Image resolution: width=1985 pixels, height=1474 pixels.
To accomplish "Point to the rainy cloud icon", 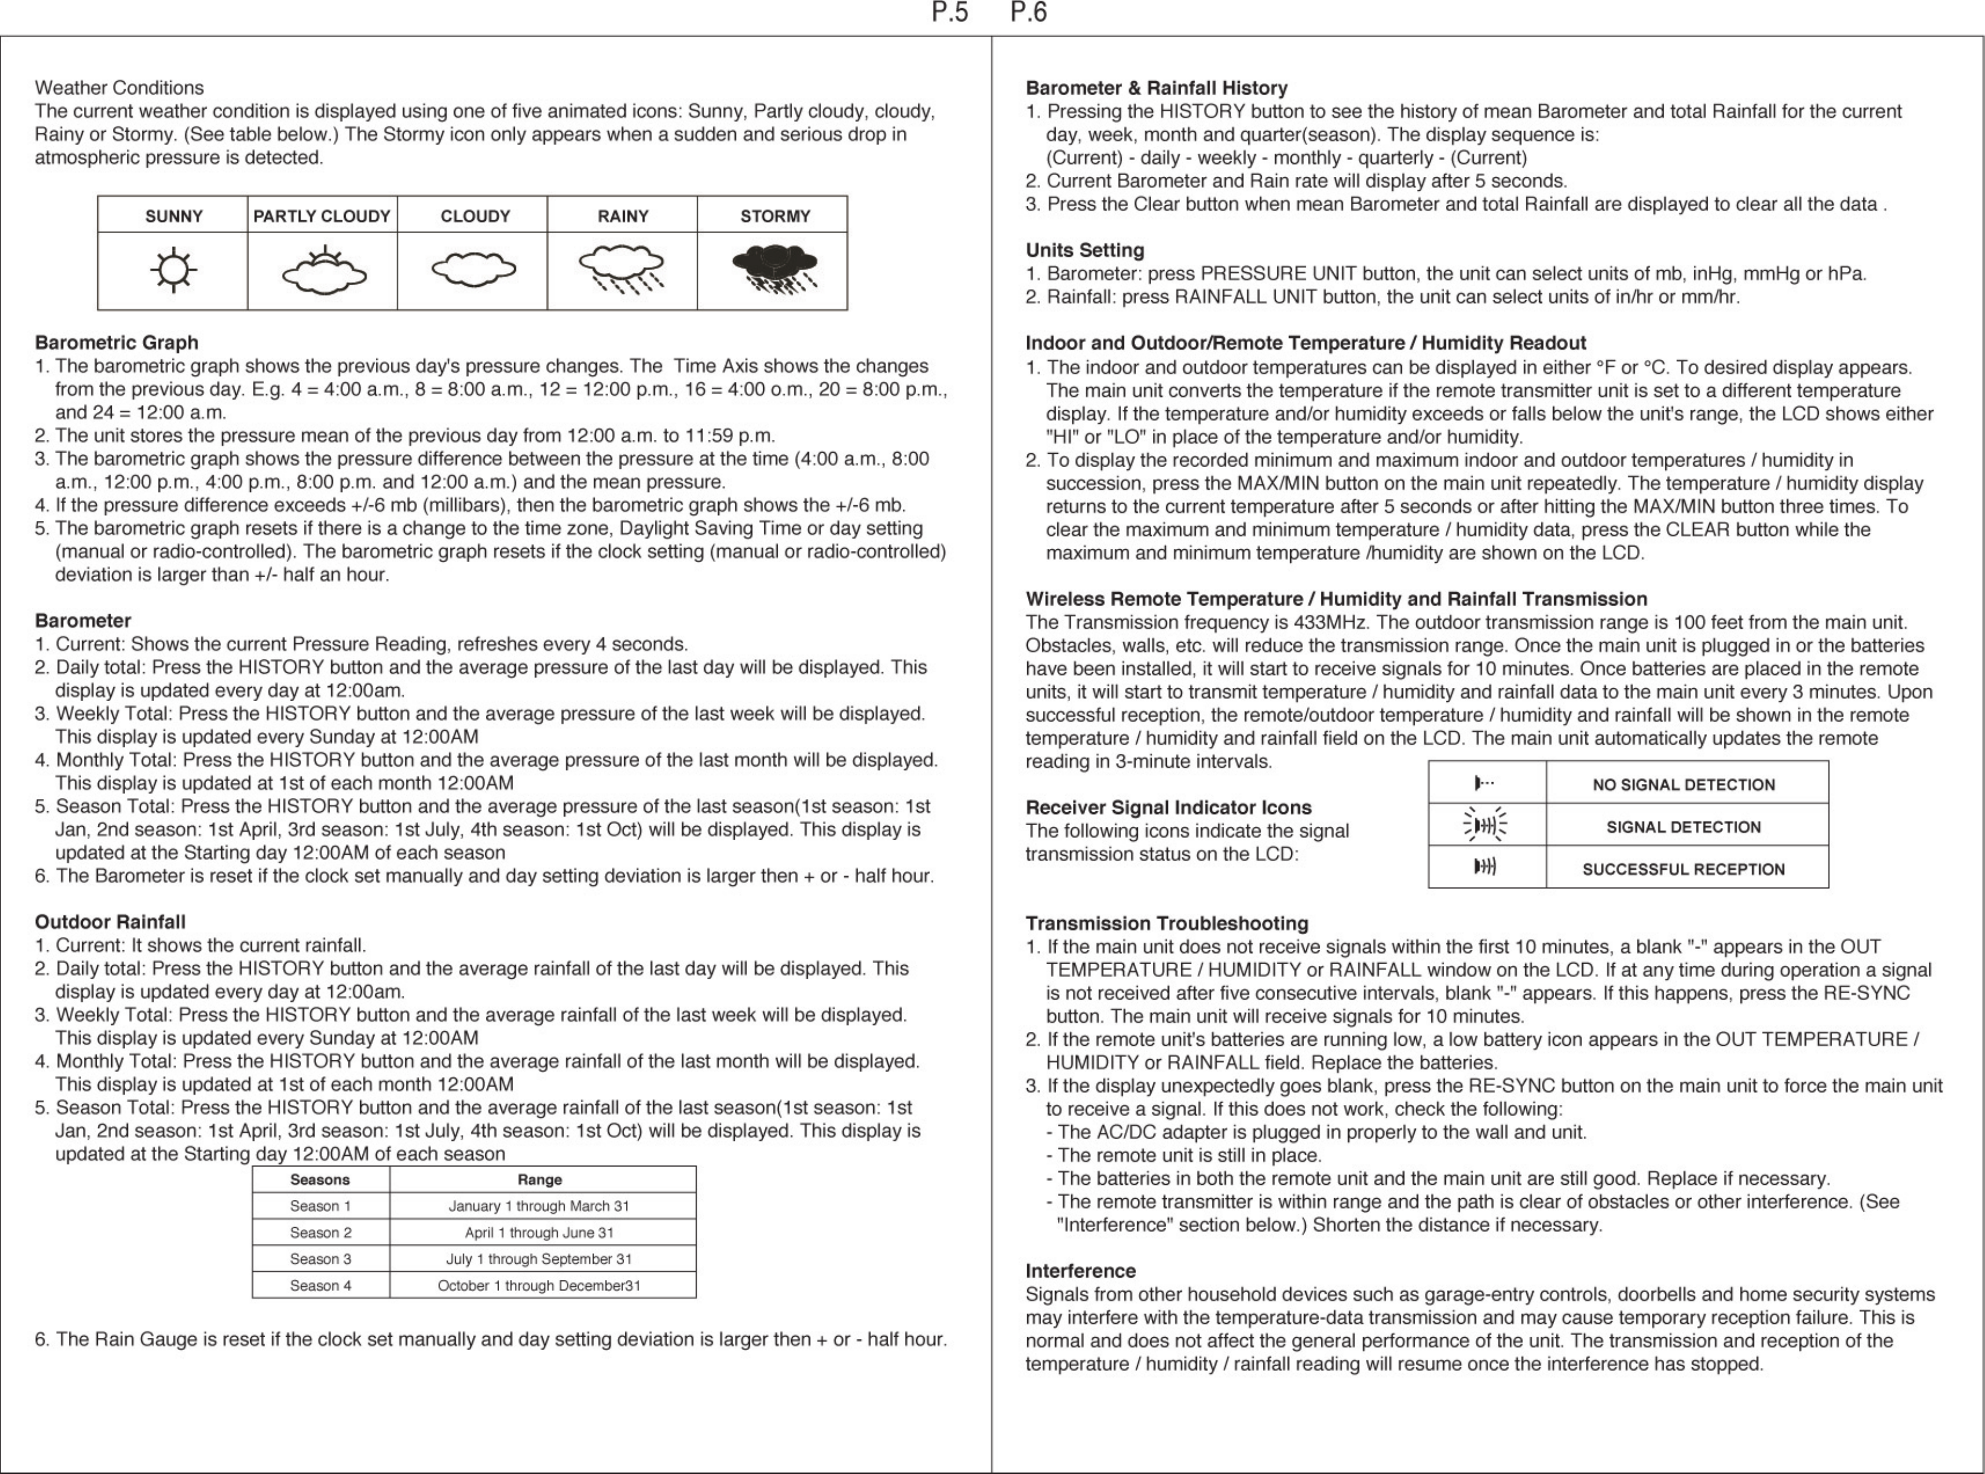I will click(622, 270).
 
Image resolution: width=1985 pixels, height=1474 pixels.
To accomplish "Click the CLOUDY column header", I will click(475, 216).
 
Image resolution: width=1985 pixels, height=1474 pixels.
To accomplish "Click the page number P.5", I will click(949, 12).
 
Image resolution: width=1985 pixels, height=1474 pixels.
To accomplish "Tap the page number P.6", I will click(1029, 12).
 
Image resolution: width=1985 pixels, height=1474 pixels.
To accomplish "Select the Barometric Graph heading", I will click(116, 343).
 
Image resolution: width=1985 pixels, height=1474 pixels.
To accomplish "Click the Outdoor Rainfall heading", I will click(110, 922).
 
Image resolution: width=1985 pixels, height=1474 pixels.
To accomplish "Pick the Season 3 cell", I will click(320, 1259).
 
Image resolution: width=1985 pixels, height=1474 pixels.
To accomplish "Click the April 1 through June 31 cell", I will click(539, 1232).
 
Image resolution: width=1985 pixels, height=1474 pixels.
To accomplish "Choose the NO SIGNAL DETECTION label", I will click(1684, 785).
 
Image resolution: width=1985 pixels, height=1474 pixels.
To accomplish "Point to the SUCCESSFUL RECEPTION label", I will click(1684, 869).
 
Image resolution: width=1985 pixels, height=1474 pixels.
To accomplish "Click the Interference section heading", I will click(1081, 1270).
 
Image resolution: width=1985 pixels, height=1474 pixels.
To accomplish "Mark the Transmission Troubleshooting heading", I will click(1166, 924).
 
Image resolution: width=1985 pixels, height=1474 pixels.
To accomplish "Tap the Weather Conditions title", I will click(118, 87).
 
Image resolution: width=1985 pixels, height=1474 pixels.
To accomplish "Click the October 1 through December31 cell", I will click(539, 1286).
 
